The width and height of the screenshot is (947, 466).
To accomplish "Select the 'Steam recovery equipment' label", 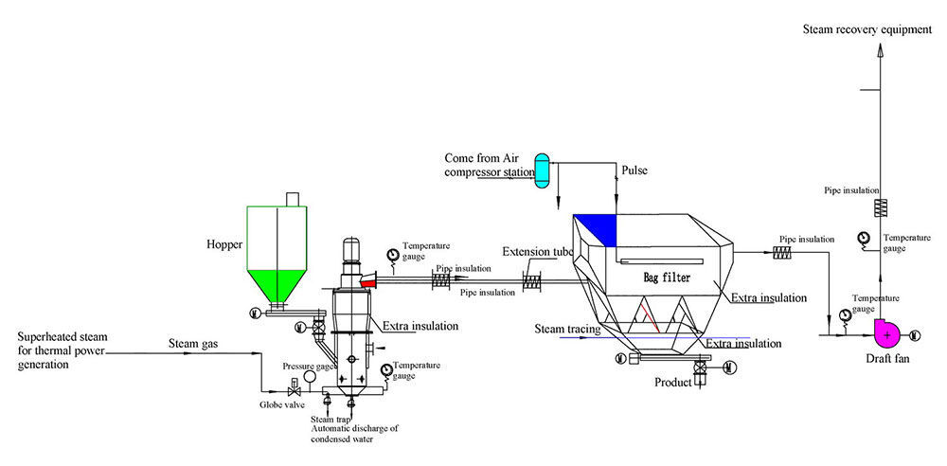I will coord(867,29).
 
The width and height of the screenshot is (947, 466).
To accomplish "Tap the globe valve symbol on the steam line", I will coord(294,389).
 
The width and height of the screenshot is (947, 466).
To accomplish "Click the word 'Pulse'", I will coord(635,171).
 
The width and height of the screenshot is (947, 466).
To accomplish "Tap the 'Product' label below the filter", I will coord(674,383).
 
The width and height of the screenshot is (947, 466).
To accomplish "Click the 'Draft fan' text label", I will coord(888,359).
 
